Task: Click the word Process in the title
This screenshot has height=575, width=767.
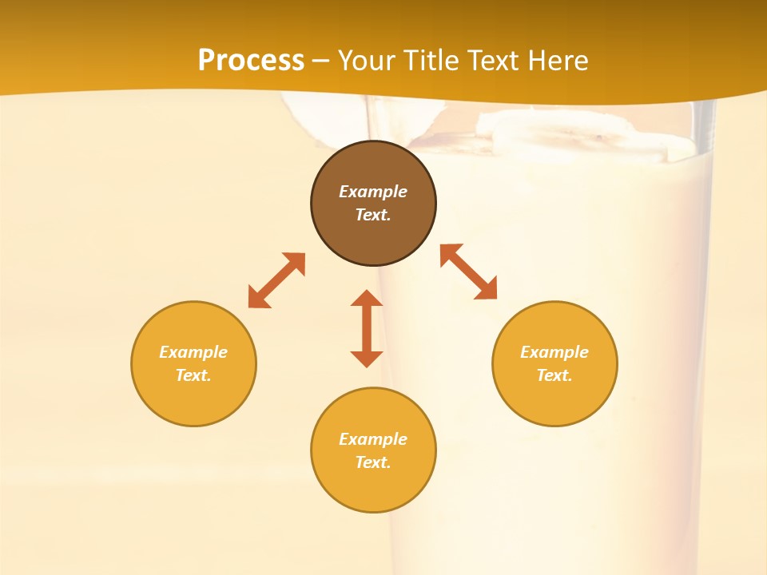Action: tap(251, 61)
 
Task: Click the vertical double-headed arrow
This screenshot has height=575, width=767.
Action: tap(367, 328)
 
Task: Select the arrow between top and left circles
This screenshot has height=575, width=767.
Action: tap(276, 280)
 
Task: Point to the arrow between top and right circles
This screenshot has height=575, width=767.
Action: tap(469, 272)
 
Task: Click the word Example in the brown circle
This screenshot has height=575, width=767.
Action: tap(373, 192)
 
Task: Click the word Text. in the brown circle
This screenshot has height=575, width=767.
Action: tap(373, 215)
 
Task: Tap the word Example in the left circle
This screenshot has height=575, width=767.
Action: tap(193, 352)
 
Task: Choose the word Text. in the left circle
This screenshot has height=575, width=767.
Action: tap(193, 375)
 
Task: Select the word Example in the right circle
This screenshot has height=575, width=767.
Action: tap(554, 352)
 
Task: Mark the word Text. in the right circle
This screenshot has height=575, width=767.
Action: tap(554, 375)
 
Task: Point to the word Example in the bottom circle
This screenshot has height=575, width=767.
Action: tap(373, 439)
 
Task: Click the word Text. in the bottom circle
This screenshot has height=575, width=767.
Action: tap(373, 462)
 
